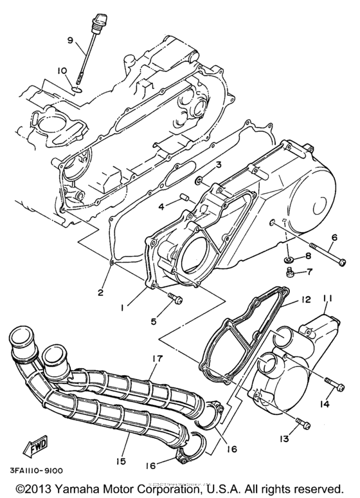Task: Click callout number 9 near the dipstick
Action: (70, 40)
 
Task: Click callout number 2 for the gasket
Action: (100, 293)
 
